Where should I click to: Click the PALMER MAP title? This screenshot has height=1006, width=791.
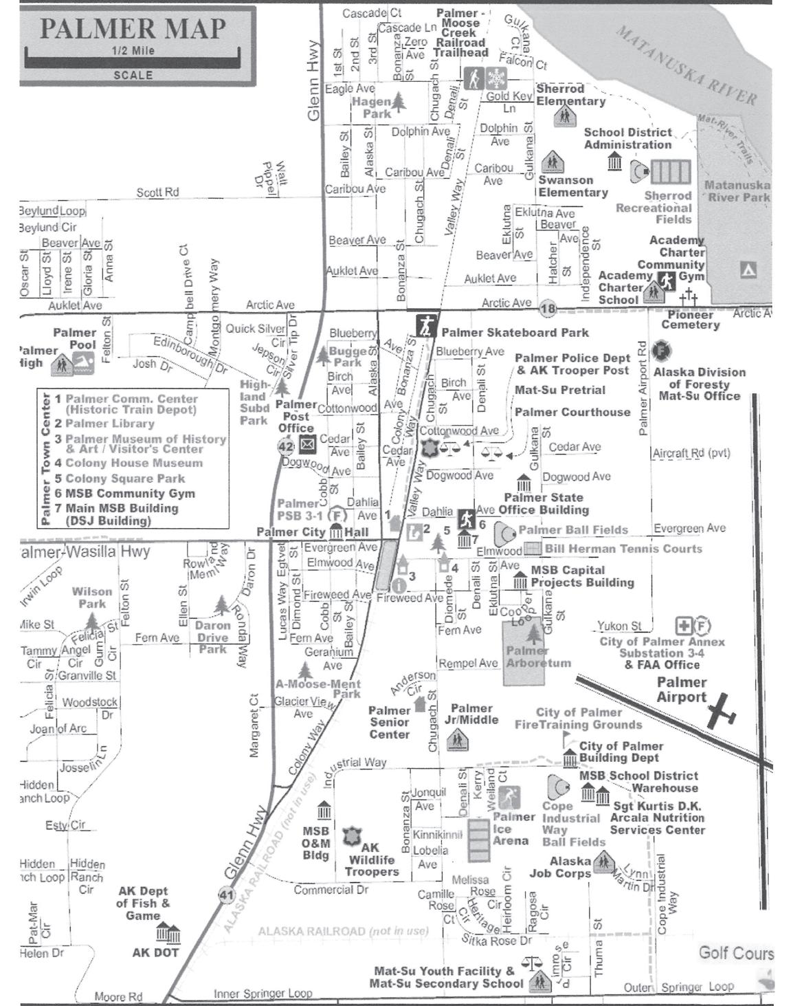(x=133, y=28)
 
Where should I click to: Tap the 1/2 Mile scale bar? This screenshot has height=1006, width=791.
(x=133, y=61)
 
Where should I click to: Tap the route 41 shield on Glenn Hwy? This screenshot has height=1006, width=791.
(x=226, y=895)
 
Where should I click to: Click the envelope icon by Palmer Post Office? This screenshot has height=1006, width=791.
(x=307, y=446)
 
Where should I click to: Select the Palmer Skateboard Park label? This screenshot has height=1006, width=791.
(x=515, y=333)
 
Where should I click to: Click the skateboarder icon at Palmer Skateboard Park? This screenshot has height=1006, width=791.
(x=425, y=324)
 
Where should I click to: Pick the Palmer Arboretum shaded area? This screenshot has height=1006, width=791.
(x=527, y=653)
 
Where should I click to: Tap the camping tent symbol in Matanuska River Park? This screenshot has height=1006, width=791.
(x=748, y=270)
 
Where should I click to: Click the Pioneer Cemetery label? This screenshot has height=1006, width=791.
(x=690, y=320)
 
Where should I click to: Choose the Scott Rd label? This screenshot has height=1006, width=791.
(x=157, y=193)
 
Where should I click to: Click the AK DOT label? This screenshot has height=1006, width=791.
(x=155, y=952)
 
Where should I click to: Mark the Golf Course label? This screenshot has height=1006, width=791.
(x=735, y=953)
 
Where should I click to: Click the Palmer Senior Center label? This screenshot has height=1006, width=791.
(x=389, y=723)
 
